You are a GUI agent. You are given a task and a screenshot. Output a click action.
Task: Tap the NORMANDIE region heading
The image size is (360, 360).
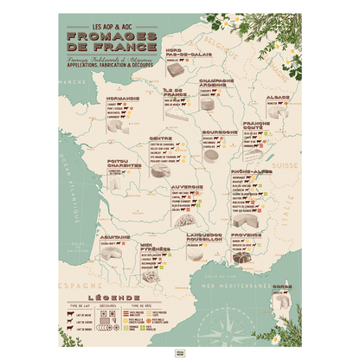pos(115,99)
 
